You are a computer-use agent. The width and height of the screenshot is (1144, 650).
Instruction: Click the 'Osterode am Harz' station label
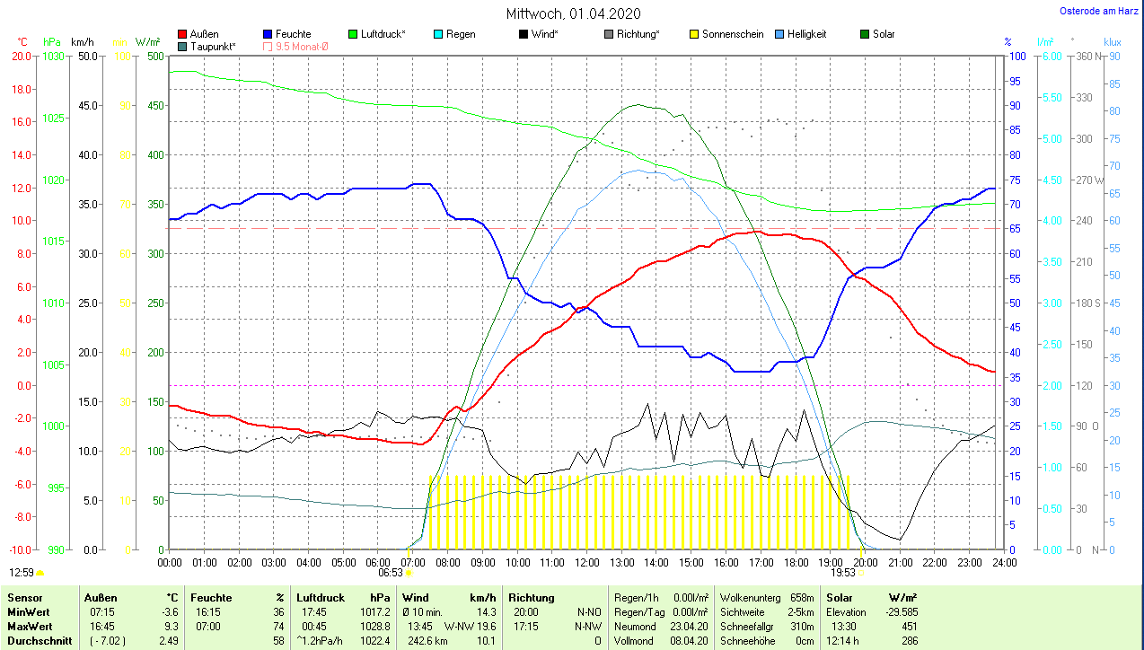[x=1100, y=11]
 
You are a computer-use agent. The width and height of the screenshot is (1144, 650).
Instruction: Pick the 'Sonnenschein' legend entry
[x=733, y=34]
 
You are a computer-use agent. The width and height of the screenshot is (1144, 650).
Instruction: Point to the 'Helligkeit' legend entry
[x=806, y=34]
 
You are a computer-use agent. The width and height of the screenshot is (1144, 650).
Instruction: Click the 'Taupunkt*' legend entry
[x=213, y=46]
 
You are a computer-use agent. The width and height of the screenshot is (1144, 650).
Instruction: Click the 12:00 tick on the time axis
[x=586, y=563]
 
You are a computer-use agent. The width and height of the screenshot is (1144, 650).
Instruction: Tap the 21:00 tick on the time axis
[x=900, y=563]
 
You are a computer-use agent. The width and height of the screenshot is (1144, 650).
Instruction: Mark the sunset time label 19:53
[x=841, y=572]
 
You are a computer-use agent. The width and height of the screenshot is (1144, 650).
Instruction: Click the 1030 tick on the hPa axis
[x=54, y=57]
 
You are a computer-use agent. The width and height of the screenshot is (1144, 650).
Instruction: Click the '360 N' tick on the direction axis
[x=1087, y=57]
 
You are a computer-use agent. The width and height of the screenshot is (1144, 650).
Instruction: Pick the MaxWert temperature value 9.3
[x=173, y=627]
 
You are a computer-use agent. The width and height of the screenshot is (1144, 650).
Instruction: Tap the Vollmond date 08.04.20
[x=691, y=641]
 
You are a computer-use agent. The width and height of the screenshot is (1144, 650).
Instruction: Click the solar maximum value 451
[x=909, y=627]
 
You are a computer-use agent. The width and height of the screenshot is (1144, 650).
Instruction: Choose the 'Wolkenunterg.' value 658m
[x=802, y=598]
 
